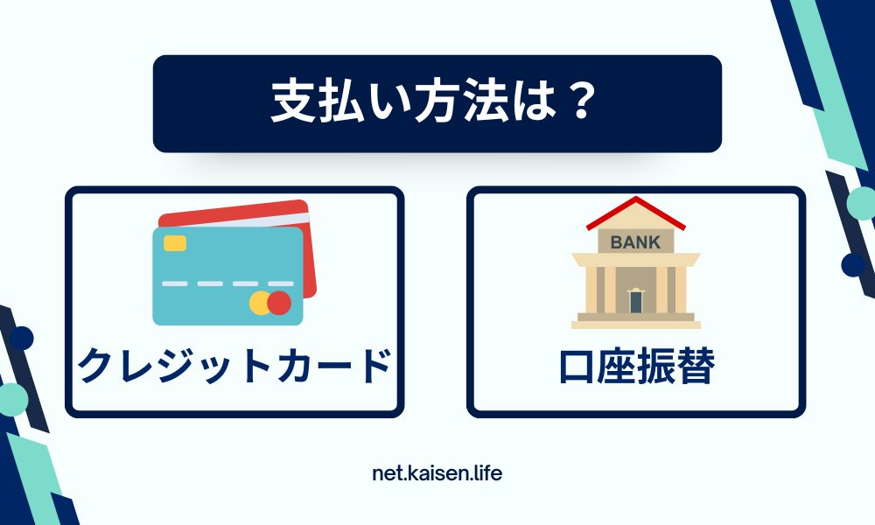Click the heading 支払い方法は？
(x=434, y=102)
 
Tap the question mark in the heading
(x=581, y=102)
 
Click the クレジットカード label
(x=234, y=365)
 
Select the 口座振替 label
(x=637, y=366)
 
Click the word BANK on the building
(x=635, y=242)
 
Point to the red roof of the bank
(x=635, y=213)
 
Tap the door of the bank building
(x=635, y=301)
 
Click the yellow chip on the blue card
(x=175, y=243)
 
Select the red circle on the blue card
(x=279, y=303)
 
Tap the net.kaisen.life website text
(x=437, y=473)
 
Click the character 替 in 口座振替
(x=696, y=366)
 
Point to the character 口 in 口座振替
(x=577, y=367)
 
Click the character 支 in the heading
(x=290, y=102)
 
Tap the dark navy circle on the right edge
(x=853, y=264)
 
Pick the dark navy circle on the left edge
(x=22, y=338)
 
